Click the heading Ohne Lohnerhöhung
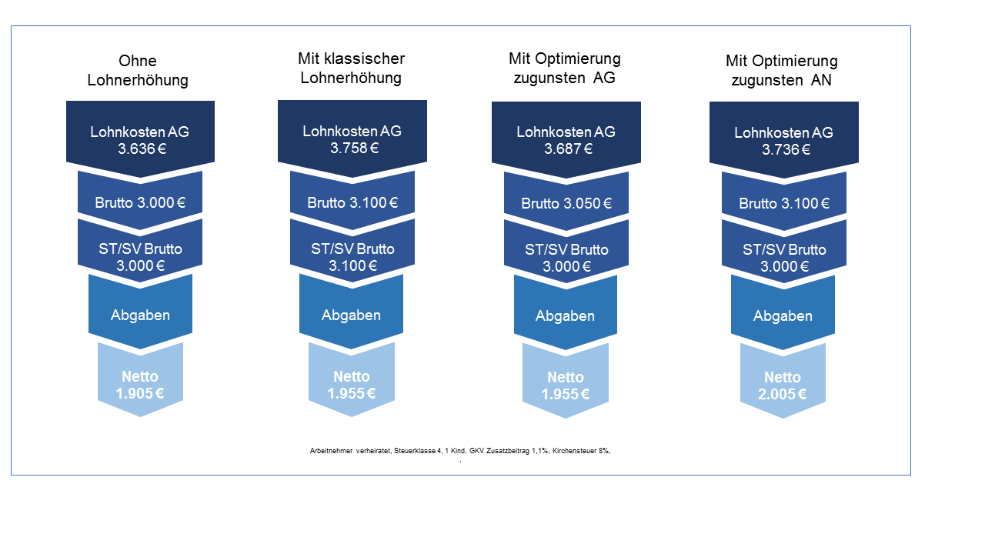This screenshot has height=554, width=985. point(138,70)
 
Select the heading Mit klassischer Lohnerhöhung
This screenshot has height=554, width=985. point(351,68)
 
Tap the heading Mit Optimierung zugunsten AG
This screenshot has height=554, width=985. point(564,68)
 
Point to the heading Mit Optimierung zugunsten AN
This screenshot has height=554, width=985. point(782,70)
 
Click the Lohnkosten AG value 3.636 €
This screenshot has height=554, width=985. point(140,149)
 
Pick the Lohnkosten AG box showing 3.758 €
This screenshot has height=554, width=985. point(352,139)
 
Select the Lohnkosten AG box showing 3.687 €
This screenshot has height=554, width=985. point(566,140)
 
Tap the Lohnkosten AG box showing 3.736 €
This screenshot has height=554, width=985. point(783,141)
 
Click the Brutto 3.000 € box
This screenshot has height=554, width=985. point(140,203)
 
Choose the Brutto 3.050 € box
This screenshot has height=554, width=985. point(566,204)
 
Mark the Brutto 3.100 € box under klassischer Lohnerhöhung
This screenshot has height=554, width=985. point(352,203)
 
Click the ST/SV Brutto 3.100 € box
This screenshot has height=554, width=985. point(352,257)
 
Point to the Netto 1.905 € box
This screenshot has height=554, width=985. point(140,385)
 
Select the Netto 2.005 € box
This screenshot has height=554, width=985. point(783,385)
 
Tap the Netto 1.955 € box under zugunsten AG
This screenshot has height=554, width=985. point(566,385)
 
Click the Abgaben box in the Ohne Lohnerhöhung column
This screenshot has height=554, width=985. point(140,315)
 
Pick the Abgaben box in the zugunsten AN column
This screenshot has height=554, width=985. point(783,315)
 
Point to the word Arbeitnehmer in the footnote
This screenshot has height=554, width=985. point(327,452)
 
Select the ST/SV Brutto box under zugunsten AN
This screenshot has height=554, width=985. point(783,258)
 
